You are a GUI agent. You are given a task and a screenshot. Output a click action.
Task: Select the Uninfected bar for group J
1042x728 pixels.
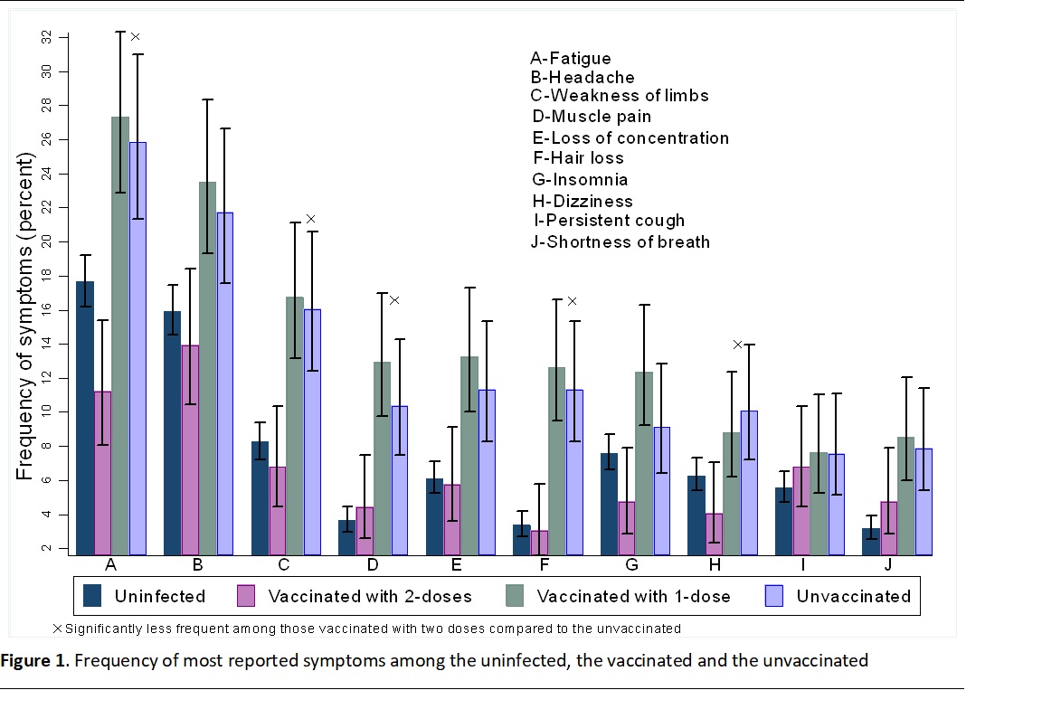coord(871,541)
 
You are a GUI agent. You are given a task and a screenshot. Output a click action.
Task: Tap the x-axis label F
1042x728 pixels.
coord(544,565)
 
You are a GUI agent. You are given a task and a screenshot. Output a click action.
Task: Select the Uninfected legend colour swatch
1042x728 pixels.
coord(92,596)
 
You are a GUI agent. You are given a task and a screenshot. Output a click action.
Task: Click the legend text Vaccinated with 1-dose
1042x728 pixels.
coord(633,596)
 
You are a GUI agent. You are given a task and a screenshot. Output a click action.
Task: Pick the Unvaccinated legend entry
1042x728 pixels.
coord(853,596)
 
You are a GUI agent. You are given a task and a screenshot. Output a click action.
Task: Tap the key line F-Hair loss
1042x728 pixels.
coord(578,157)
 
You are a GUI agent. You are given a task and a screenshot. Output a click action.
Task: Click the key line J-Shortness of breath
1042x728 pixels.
coord(620,241)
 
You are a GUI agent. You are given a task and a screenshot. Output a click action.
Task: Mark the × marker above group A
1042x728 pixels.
coord(136,37)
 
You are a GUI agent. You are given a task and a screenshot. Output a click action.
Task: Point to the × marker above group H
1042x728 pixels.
coord(737,345)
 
